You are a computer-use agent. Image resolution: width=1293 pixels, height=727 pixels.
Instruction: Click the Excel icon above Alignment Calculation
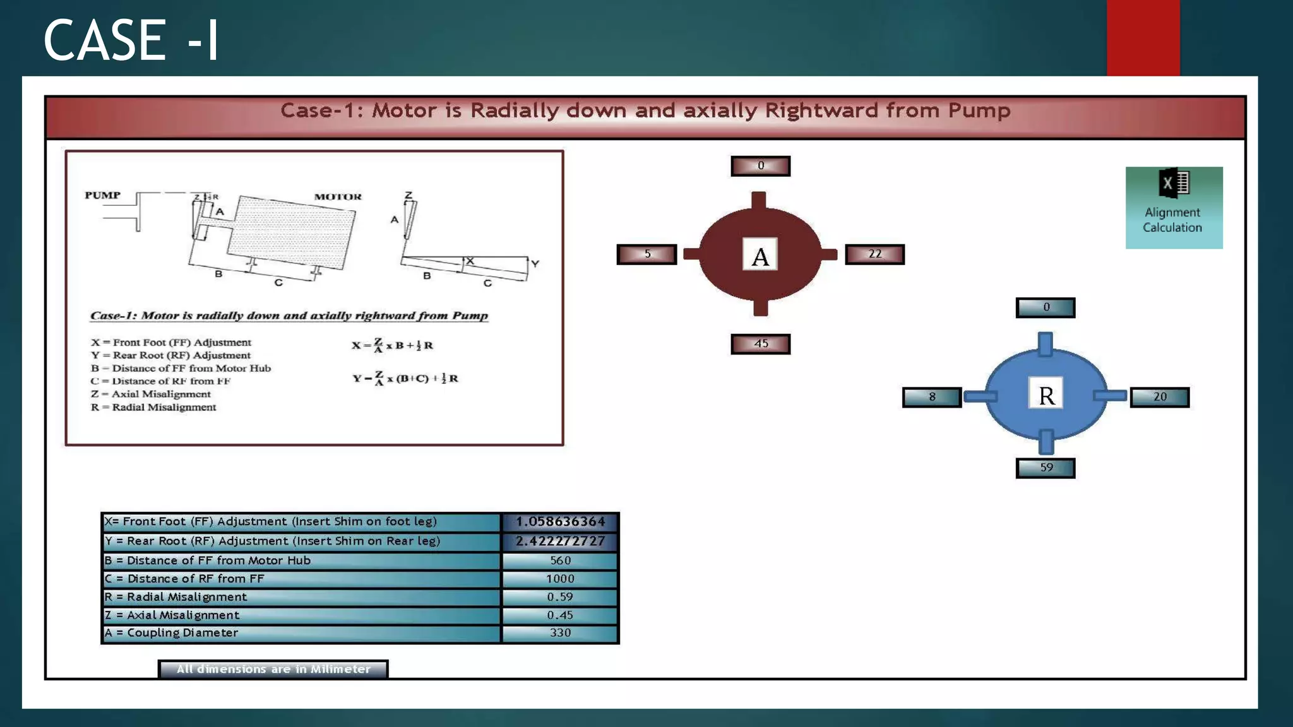tap(1174, 184)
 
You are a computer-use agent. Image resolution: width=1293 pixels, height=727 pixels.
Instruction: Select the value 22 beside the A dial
tap(874, 254)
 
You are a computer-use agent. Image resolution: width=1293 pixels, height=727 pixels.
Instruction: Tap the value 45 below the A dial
tap(761, 344)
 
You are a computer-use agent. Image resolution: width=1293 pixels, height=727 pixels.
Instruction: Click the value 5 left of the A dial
tap(647, 254)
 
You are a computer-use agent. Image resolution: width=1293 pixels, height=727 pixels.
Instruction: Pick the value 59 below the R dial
tap(1046, 468)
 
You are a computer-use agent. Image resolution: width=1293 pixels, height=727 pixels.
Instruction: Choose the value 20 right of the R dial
tap(1160, 397)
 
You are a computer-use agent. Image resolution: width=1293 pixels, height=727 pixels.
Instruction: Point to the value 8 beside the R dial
tap(932, 397)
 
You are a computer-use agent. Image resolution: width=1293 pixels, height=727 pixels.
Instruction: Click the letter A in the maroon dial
tap(760, 256)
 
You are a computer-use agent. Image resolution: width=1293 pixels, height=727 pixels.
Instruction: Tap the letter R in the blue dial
tap(1046, 395)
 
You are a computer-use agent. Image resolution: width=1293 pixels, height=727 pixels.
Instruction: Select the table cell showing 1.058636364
tap(560, 522)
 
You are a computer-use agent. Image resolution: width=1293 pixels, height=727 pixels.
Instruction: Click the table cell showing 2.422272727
tap(560, 541)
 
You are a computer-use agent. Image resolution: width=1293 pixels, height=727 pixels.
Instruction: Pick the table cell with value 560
tap(560, 560)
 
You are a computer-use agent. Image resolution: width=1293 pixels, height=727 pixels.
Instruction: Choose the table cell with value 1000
tap(560, 579)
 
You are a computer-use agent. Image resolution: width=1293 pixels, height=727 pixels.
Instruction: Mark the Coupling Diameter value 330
tap(560, 633)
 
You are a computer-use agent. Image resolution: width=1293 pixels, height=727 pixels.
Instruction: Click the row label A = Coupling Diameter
tap(171, 633)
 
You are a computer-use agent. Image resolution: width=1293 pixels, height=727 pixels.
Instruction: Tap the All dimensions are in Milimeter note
tap(273, 669)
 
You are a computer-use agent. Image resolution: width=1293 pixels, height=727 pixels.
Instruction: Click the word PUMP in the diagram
tap(102, 196)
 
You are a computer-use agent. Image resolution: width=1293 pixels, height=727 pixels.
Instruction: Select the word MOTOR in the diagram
tap(338, 197)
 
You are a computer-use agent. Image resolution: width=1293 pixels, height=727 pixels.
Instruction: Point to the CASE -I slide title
tap(131, 40)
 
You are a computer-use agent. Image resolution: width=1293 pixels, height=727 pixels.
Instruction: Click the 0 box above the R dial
tap(1046, 307)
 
